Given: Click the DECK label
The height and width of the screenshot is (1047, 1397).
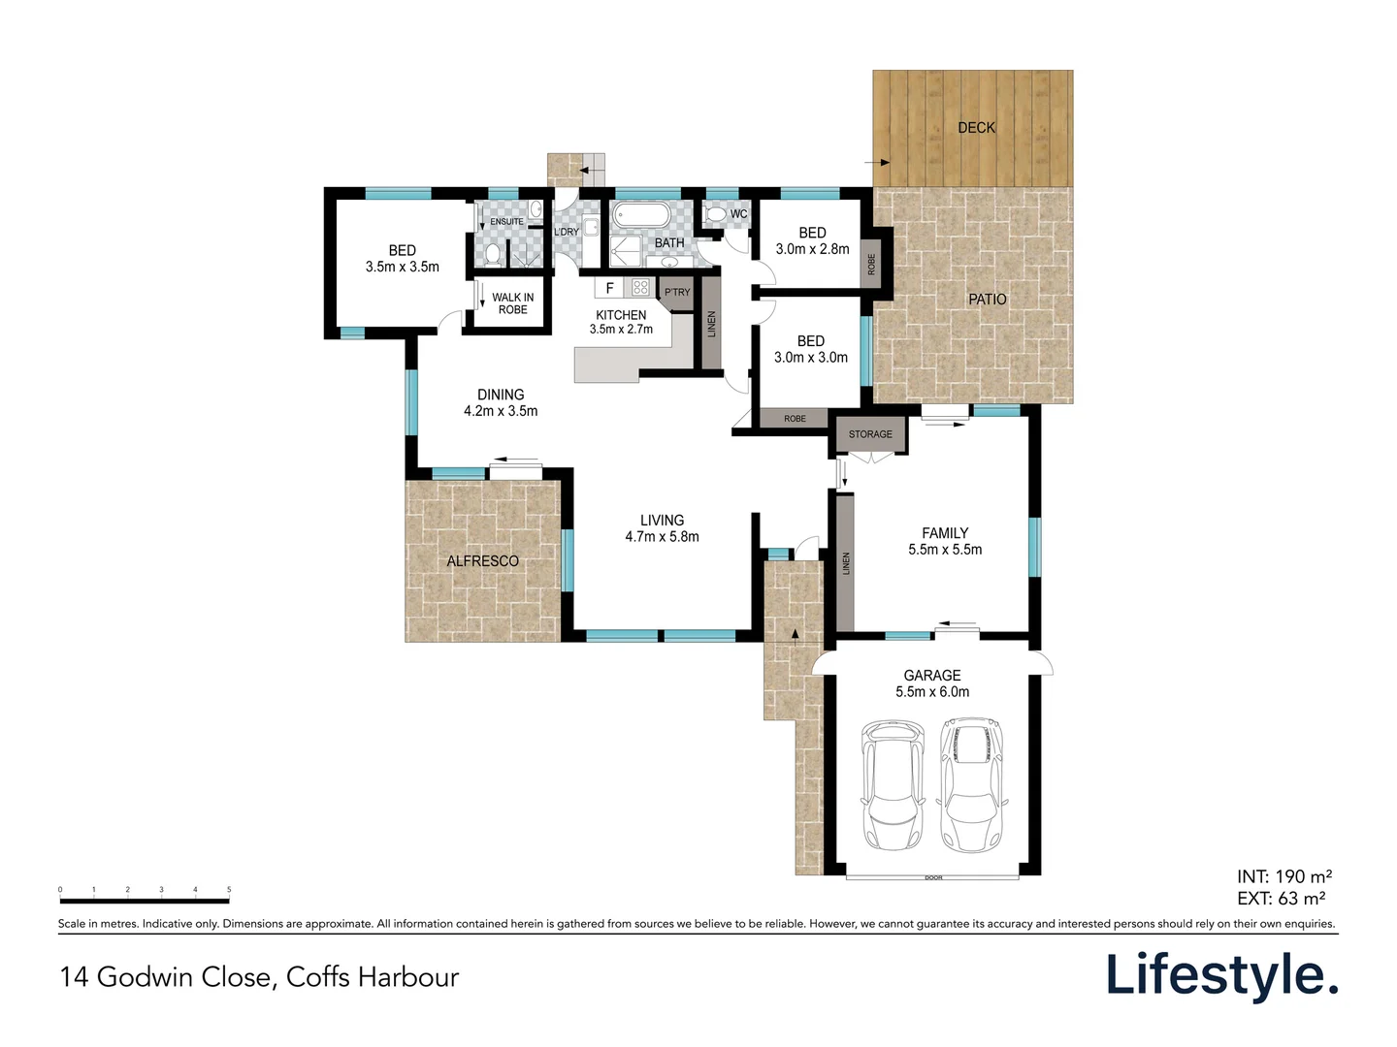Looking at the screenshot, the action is (x=976, y=128).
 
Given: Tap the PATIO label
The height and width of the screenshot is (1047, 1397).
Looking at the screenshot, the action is (x=988, y=300).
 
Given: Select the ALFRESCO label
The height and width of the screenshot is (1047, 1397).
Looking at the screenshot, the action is (x=482, y=561).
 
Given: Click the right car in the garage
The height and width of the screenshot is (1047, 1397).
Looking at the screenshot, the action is (x=972, y=785).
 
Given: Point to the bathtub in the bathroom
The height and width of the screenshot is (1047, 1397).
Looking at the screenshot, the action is (x=641, y=216).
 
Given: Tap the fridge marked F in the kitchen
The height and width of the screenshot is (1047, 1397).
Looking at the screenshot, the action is (x=609, y=288).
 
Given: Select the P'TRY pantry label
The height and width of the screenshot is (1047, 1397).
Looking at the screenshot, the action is (x=677, y=293).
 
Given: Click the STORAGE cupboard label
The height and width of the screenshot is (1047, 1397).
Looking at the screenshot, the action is (x=870, y=434).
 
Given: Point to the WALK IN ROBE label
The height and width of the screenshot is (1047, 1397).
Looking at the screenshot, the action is (x=513, y=303).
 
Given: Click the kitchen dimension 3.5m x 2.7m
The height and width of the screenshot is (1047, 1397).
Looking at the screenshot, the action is (x=621, y=330).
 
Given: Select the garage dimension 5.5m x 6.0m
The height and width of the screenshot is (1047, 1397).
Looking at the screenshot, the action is (x=932, y=691).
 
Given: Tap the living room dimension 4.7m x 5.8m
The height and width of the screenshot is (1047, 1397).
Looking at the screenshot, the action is (x=662, y=536).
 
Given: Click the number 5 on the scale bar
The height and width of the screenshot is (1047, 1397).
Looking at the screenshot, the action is (x=229, y=889).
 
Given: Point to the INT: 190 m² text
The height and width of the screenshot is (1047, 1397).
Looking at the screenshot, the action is (x=1284, y=876).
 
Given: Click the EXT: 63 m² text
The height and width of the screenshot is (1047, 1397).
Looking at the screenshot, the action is (x=1282, y=899).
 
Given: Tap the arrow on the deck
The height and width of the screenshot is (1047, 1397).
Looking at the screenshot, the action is (x=876, y=162).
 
